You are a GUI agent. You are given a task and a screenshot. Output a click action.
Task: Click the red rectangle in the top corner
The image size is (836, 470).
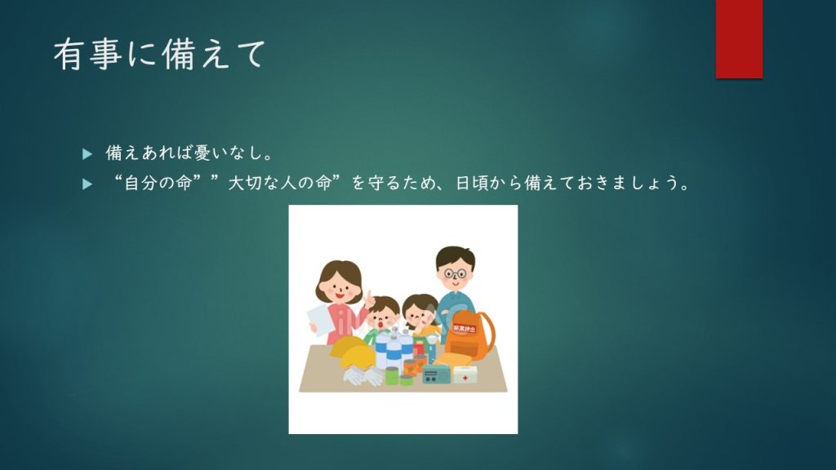(739, 39)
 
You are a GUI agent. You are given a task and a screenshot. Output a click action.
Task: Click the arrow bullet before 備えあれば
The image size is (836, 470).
(87, 154)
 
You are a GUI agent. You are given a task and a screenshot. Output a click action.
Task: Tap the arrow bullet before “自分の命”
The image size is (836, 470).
(87, 184)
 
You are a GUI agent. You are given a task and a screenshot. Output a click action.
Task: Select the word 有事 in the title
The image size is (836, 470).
(88, 55)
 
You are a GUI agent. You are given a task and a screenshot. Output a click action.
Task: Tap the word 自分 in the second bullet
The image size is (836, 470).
(140, 184)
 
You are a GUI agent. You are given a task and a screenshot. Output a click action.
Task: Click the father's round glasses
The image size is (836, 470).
(455, 274)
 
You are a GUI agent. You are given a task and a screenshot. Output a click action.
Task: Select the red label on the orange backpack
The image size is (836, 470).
(465, 328)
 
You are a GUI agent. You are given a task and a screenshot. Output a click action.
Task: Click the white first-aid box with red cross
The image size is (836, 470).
(465, 375)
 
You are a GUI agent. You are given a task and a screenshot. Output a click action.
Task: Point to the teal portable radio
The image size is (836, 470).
(436, 376)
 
